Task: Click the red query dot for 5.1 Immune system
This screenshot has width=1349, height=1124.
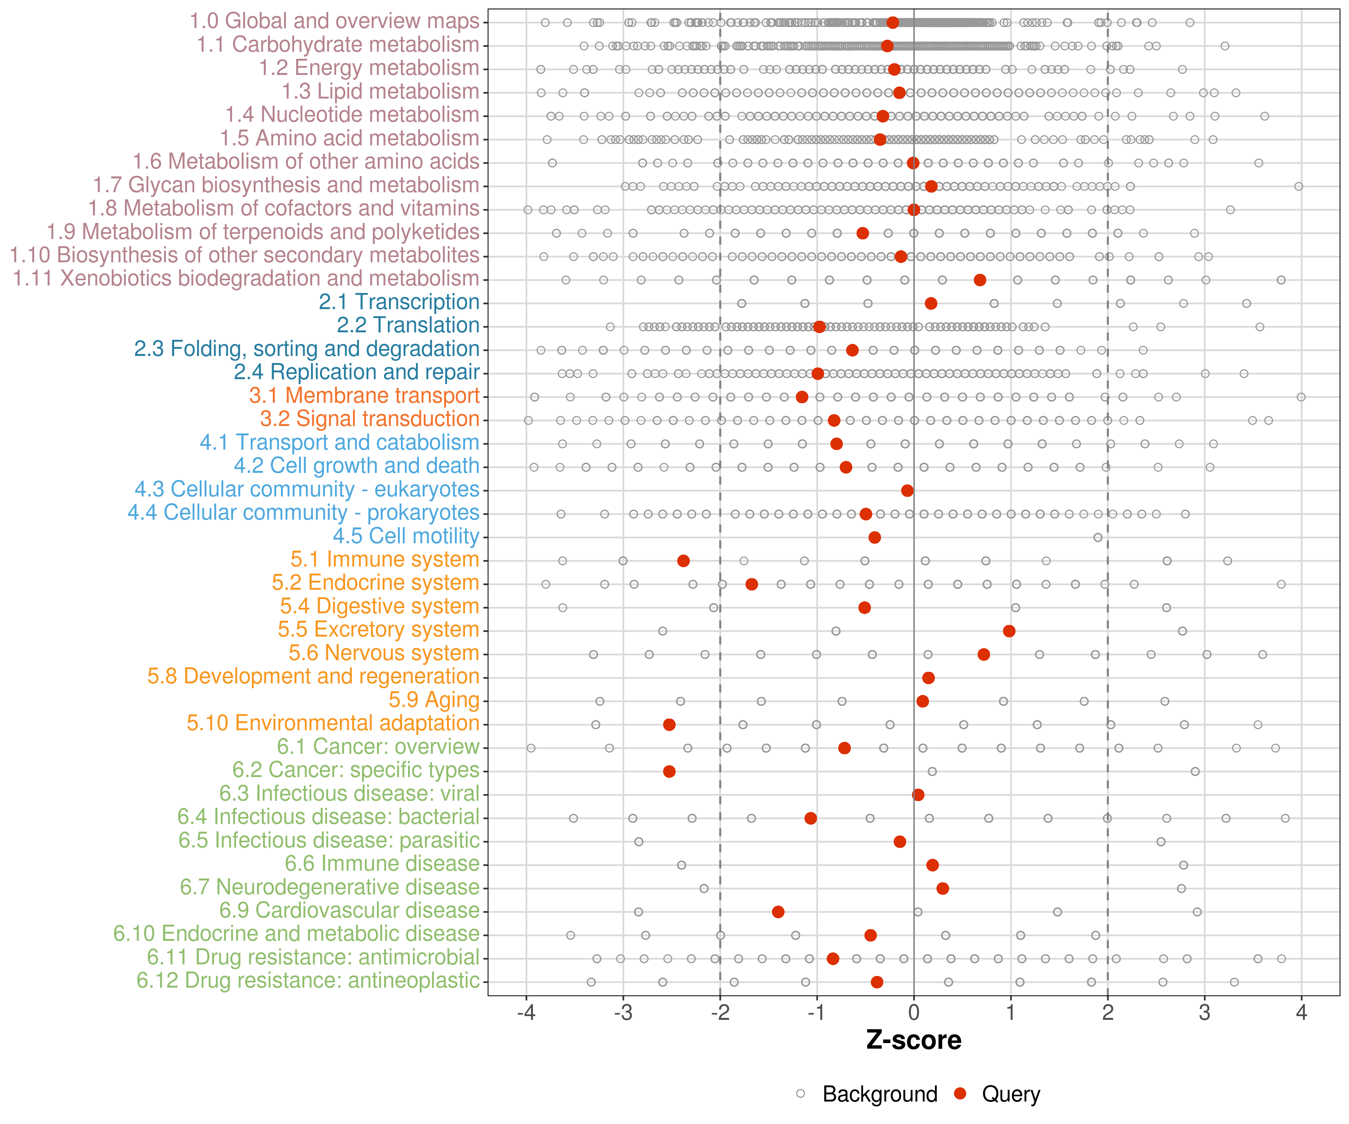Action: (683, 561)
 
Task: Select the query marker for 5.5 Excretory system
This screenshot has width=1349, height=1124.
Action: (1009, 631)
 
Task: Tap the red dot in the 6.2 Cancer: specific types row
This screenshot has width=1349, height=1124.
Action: (669, 771)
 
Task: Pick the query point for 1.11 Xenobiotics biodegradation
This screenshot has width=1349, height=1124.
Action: (980, 280)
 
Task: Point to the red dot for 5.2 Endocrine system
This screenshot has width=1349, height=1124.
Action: (752, 584)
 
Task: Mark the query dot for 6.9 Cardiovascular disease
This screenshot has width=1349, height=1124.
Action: (778, 912)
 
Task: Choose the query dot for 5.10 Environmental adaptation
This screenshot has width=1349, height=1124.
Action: (669, 725)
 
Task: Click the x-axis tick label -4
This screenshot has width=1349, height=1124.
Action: (526, 1013)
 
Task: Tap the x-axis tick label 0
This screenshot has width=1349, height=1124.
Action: (914, 1013)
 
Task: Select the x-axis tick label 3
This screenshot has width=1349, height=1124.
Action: (1204, 1013)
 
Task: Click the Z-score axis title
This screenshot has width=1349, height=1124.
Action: (914, 1040)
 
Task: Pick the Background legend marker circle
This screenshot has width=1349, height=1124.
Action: (800, 1093)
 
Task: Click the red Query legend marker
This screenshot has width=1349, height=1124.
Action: (960, 1093)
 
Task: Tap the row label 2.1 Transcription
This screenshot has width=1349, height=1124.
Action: (399, 302)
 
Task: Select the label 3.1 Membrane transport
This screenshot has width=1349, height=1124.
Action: (364, 396)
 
